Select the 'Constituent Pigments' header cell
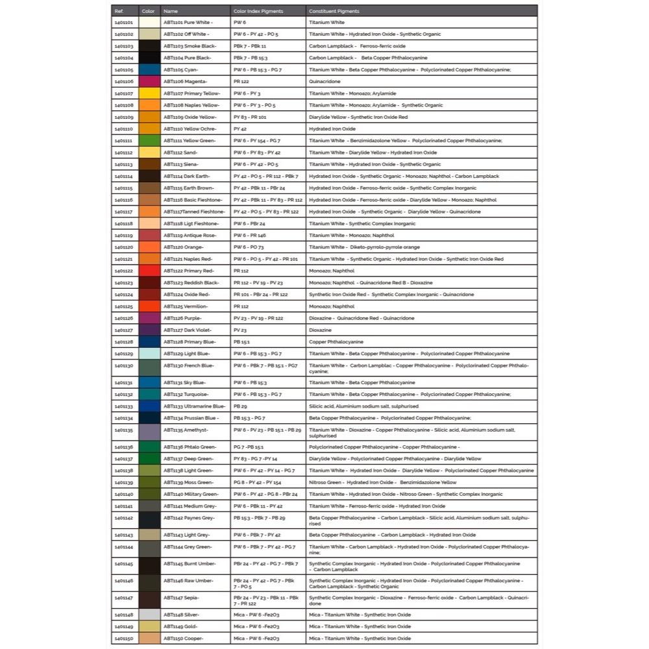334,11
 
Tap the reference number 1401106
123,82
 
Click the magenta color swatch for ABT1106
149,82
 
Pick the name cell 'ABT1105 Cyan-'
181,69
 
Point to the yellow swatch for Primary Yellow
149,93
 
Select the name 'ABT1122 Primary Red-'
189,271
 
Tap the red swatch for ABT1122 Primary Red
149,271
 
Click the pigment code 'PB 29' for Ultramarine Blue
240,406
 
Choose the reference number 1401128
123,342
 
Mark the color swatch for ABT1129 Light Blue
149,354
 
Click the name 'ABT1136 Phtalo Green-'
189,447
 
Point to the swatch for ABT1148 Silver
149,615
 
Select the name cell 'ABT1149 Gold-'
182,626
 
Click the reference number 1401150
123,639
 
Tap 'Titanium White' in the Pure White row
326,23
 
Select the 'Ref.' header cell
119,11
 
